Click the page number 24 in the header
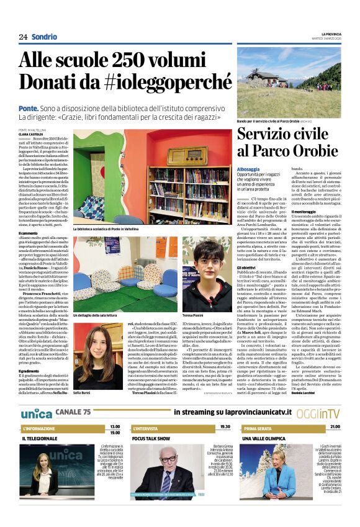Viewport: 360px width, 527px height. click(x=23, y=37)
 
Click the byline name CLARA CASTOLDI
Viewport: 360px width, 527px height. click(x=30, y=133)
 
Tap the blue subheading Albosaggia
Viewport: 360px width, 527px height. click(x=249, y=169)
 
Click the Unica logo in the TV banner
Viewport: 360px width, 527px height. click(x=37, y=395)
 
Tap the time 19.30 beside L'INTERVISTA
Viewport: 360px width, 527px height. click(x=225, y=410)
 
